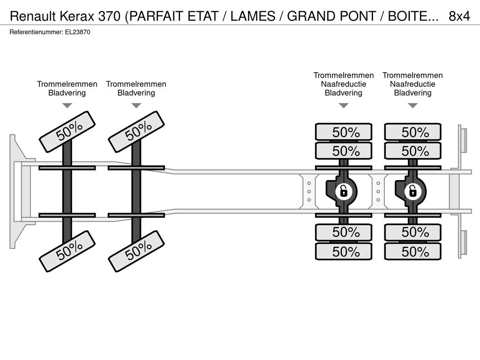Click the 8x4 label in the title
point(459,16)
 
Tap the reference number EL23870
point(77,32)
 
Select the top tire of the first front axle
point(67,132)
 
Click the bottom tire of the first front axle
point(67,251)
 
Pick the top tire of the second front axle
point(136,132)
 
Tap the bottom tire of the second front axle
point(136,251)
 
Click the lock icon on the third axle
point(344,192)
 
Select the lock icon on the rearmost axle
point(413,192)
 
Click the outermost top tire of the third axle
point(344,132)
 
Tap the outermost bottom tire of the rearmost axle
point(413,252)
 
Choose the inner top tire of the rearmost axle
point(413,150)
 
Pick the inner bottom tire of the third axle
point(344,232)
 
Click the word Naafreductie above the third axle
point(344,84)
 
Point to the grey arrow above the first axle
point(67,105)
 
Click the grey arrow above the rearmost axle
point(412,105)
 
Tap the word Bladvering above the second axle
point(136,93)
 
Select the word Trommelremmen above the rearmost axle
point(412,75)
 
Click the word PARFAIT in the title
point(157,16)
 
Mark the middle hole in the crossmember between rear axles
point(378,192)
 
